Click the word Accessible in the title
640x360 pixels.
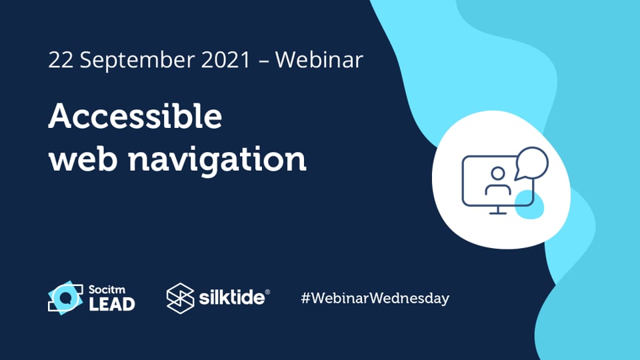pyautogui.click(x=135, y=118)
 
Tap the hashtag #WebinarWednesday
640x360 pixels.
pyautogui.click(x=375, y=298)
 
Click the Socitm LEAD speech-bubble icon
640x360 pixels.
pyautogui.click(x=65, y=298)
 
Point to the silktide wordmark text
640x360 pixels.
pyautogui.click(x=231, y=298)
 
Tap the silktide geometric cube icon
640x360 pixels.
pyautogui.click(x=180, y=298)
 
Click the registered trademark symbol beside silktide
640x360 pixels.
pyautogui.click(x=267, y=292)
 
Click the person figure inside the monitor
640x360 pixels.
pyautogui.click(x=497, y=181)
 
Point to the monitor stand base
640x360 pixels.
pyautogui.click(x=495, y=213)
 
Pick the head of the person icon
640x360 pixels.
pyautogui.click(x=497, y=173)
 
